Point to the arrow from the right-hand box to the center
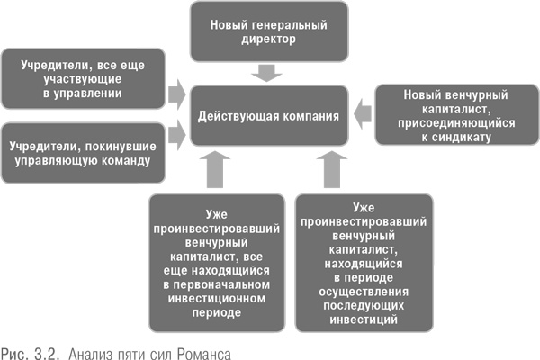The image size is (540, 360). [363, 112]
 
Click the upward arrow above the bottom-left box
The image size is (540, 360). [218, 170]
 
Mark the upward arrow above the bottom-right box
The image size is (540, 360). [327, 170]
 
